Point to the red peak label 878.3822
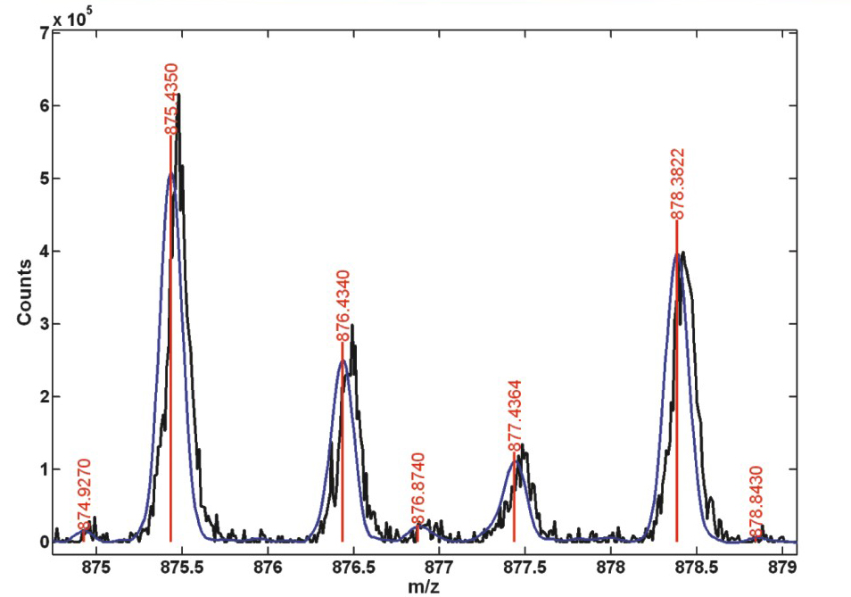[x=677, y=184]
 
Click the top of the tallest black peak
[x=179, y=94]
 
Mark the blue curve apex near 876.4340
[x=343, y=361]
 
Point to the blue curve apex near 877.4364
[x=515, y=461]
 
